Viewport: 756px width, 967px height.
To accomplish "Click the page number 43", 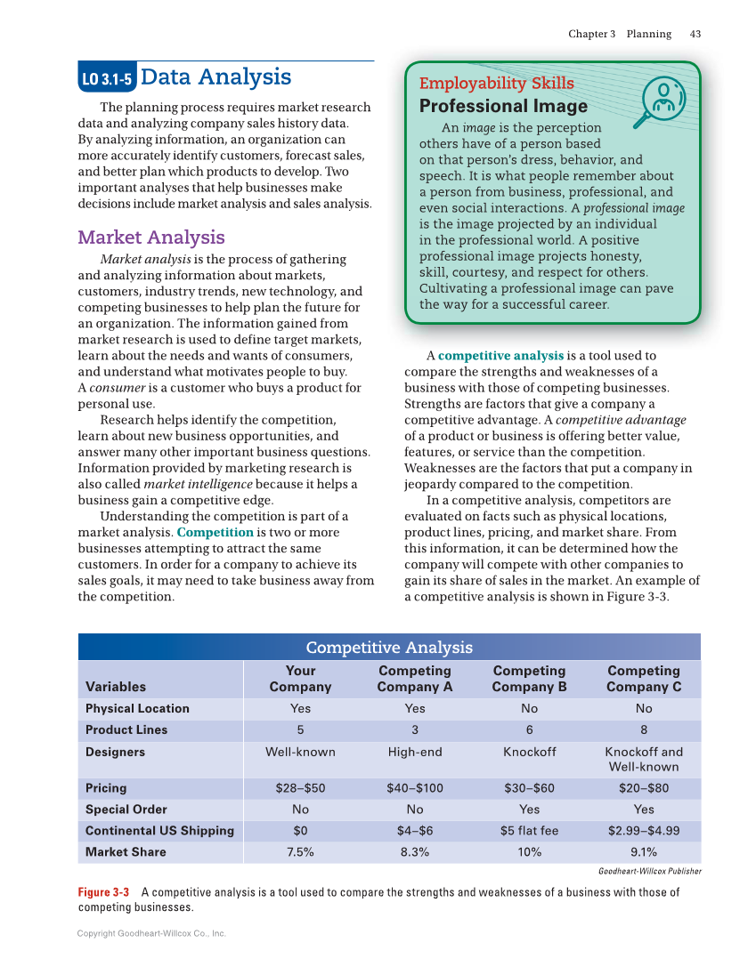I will [695, 34].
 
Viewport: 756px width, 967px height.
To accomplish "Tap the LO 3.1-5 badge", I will [106, 79].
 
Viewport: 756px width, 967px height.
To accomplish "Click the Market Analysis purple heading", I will [151, 238].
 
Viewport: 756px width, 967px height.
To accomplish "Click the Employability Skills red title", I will [496, 84].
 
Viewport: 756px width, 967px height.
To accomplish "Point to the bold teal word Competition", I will [215, 532].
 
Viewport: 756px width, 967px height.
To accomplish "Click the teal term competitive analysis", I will [500, 356].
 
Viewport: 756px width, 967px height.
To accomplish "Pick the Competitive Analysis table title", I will [389, 648].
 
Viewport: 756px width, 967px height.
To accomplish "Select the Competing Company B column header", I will [529, 679].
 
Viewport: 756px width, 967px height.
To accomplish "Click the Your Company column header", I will [300, 679].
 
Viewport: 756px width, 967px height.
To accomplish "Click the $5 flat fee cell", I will [529, 831].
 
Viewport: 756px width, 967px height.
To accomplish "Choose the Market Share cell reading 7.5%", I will [300, 852].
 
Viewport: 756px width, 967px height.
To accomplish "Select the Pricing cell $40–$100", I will [414, 788].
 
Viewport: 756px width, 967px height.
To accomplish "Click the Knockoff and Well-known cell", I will [643, 759].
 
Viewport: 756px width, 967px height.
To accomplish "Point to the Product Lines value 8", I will [643, 729].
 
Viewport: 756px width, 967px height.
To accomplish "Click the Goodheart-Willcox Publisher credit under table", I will [649, 871].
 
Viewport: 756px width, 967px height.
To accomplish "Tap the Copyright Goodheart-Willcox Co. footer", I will [151, 933].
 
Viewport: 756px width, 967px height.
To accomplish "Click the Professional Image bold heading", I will [491, 106].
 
